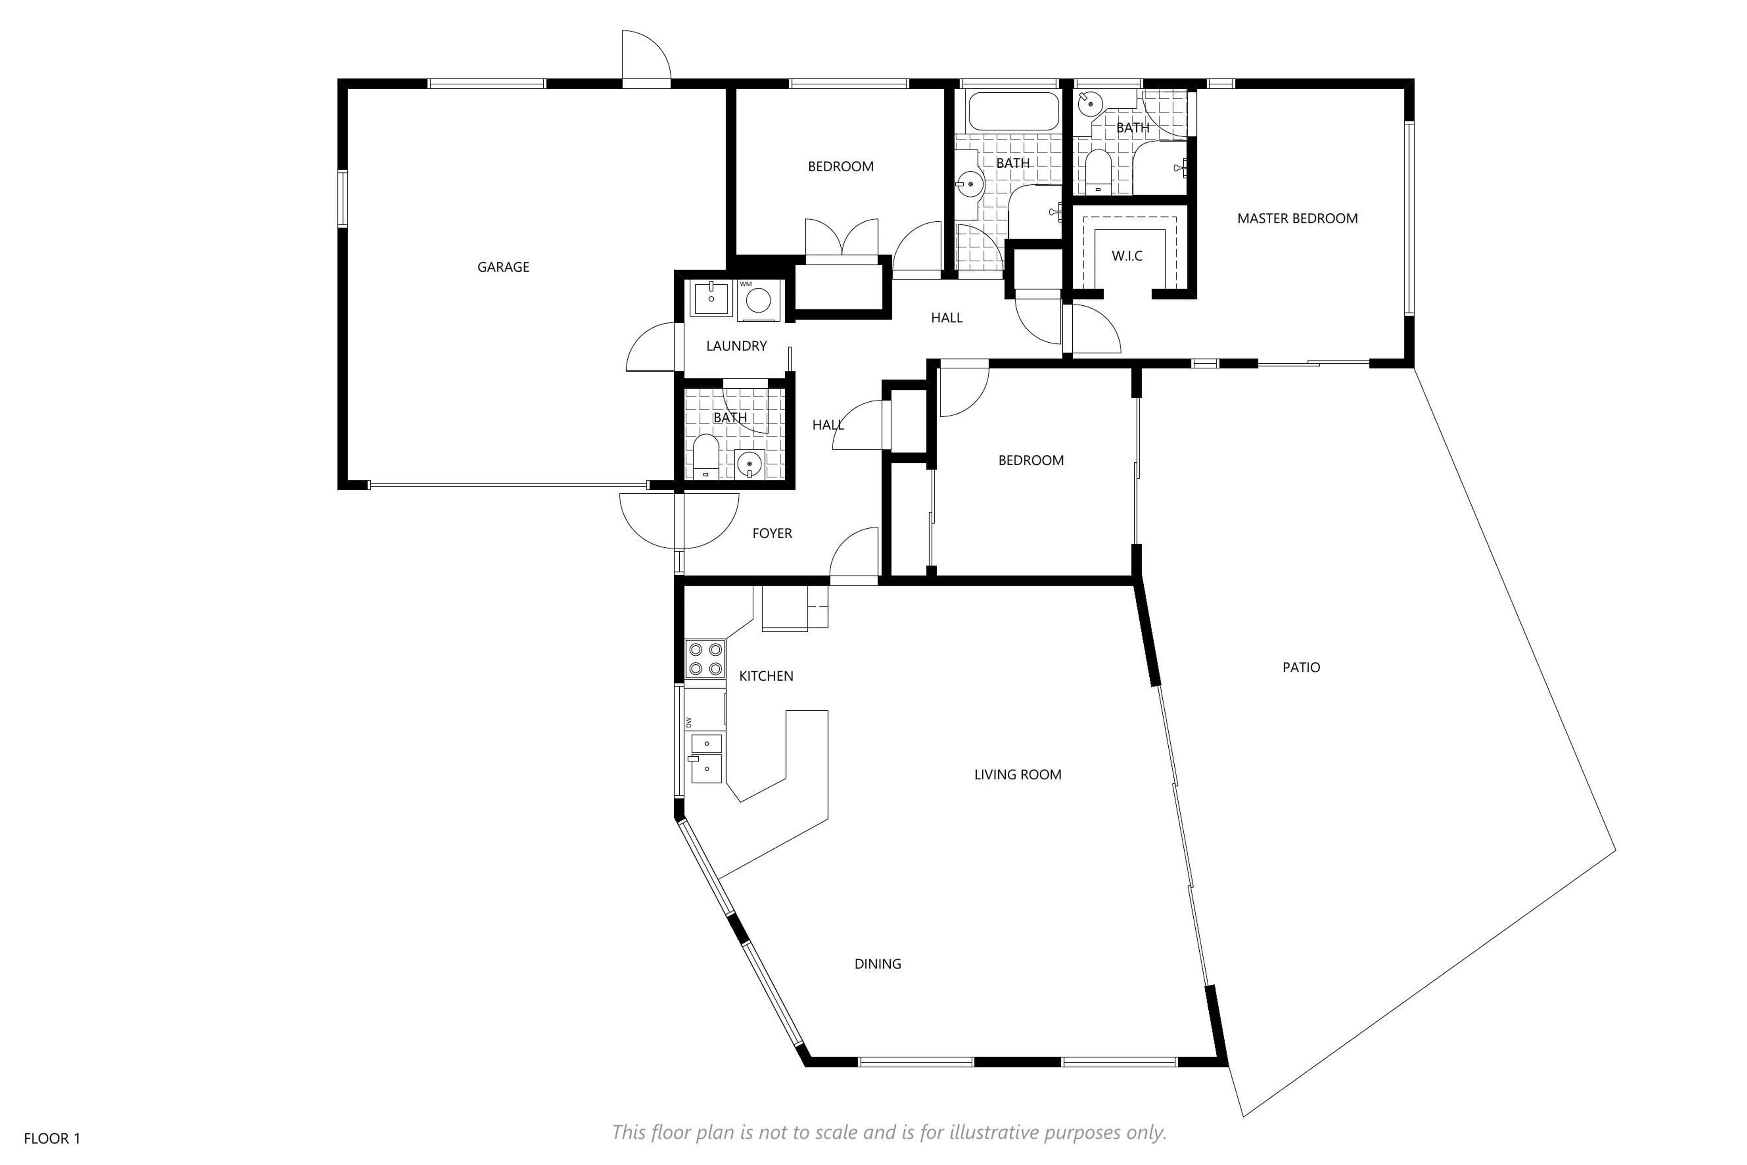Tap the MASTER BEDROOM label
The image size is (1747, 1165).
(x=1297, y=218)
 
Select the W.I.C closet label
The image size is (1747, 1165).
(x=1127, y=256)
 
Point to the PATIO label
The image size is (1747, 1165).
(x=1301, y=667)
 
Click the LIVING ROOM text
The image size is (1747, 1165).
(x=1018, y=774)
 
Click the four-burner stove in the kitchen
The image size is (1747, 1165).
(x=705, y=659)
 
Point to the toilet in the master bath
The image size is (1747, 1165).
(x=1098, y=172)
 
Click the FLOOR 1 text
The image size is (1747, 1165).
(x=52, y=1138)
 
